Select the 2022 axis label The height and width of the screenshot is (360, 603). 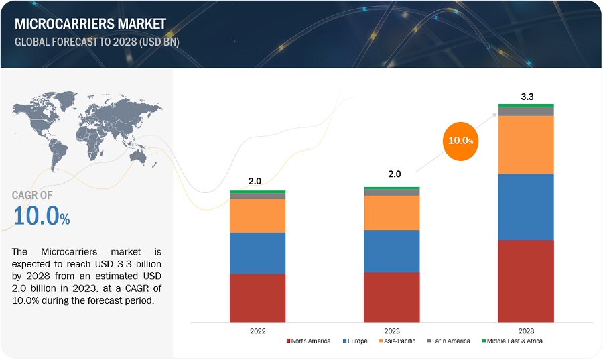[x=258, y=331]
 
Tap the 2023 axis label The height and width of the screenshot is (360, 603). [x=392, y=331]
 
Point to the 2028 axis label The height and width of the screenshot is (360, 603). [x=526, y=331]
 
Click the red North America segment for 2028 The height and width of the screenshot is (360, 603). [x=526, y=281]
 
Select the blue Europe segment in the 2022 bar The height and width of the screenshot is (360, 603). [x=258, y=253]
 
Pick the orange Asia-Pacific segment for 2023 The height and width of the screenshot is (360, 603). [x=392, y=213]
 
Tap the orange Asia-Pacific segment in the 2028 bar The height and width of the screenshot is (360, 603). [x=526, y=145]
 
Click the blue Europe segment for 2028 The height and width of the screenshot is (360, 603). [x=526, y=206]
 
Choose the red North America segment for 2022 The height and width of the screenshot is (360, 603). [x=258, y=298]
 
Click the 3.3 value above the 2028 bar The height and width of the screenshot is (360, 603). [x=527, y=97]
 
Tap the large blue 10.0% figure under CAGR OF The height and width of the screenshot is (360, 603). [x=41, y=217]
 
